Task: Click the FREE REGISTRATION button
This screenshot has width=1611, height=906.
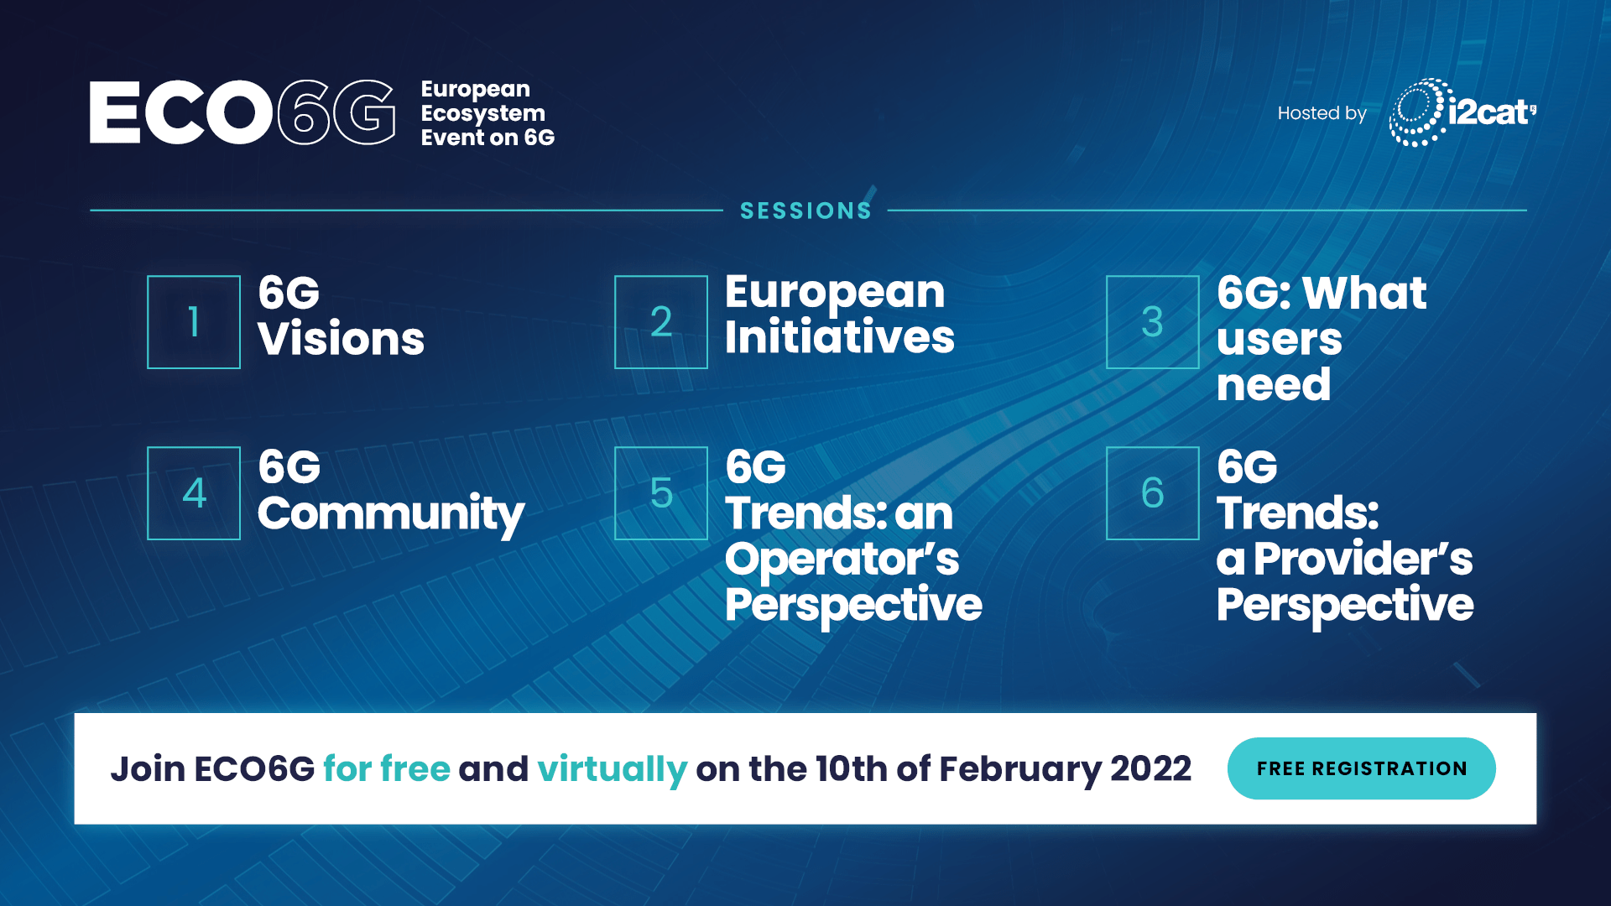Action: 1361,768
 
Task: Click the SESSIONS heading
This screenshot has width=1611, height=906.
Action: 805,211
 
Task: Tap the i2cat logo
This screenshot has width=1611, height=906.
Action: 1462,112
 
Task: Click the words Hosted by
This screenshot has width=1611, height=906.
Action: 1322,113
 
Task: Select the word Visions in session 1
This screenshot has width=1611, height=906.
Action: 341,339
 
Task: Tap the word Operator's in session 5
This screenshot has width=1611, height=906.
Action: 842,560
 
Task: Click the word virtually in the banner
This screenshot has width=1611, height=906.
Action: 613,770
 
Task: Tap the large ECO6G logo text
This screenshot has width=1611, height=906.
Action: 242,112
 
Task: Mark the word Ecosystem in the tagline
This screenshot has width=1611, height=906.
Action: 482,114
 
